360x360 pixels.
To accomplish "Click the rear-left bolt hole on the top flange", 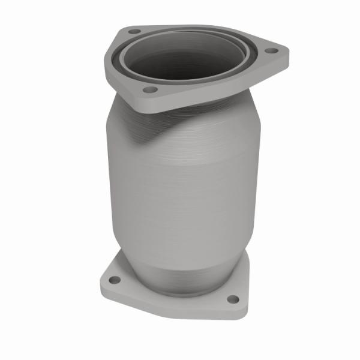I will pos(134,31).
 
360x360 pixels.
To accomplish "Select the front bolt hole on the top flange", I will pos(150,89).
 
